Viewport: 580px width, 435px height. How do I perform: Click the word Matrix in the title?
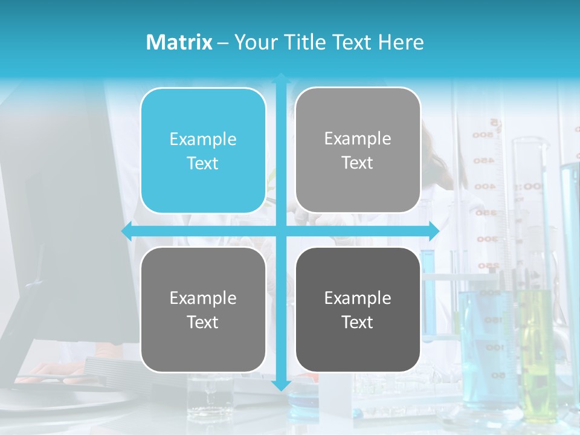(x=179, y=42)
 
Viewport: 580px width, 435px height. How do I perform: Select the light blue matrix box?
(x=203, y=150)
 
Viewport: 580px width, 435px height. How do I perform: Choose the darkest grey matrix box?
(x=358, y=309)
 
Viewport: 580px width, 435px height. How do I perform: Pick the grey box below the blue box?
(x=203, y=309)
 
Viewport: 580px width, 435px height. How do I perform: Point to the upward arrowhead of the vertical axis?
(x=281, y=79)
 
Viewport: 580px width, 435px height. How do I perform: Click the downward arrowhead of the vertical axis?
(x=281, y=385)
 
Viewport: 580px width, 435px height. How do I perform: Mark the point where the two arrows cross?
(x=281, y=231)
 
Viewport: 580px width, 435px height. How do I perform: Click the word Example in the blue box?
(x=203, y=139)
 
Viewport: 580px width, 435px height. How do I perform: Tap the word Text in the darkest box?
(x=358, y=322)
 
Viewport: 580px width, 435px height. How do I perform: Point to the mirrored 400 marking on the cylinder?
(x=484, y=187)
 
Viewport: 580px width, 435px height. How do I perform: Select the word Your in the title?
(x=254, y=42)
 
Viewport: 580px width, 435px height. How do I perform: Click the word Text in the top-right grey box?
(x=358, y=163)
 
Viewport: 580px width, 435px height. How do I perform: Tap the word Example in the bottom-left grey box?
(x=203, y=298)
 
